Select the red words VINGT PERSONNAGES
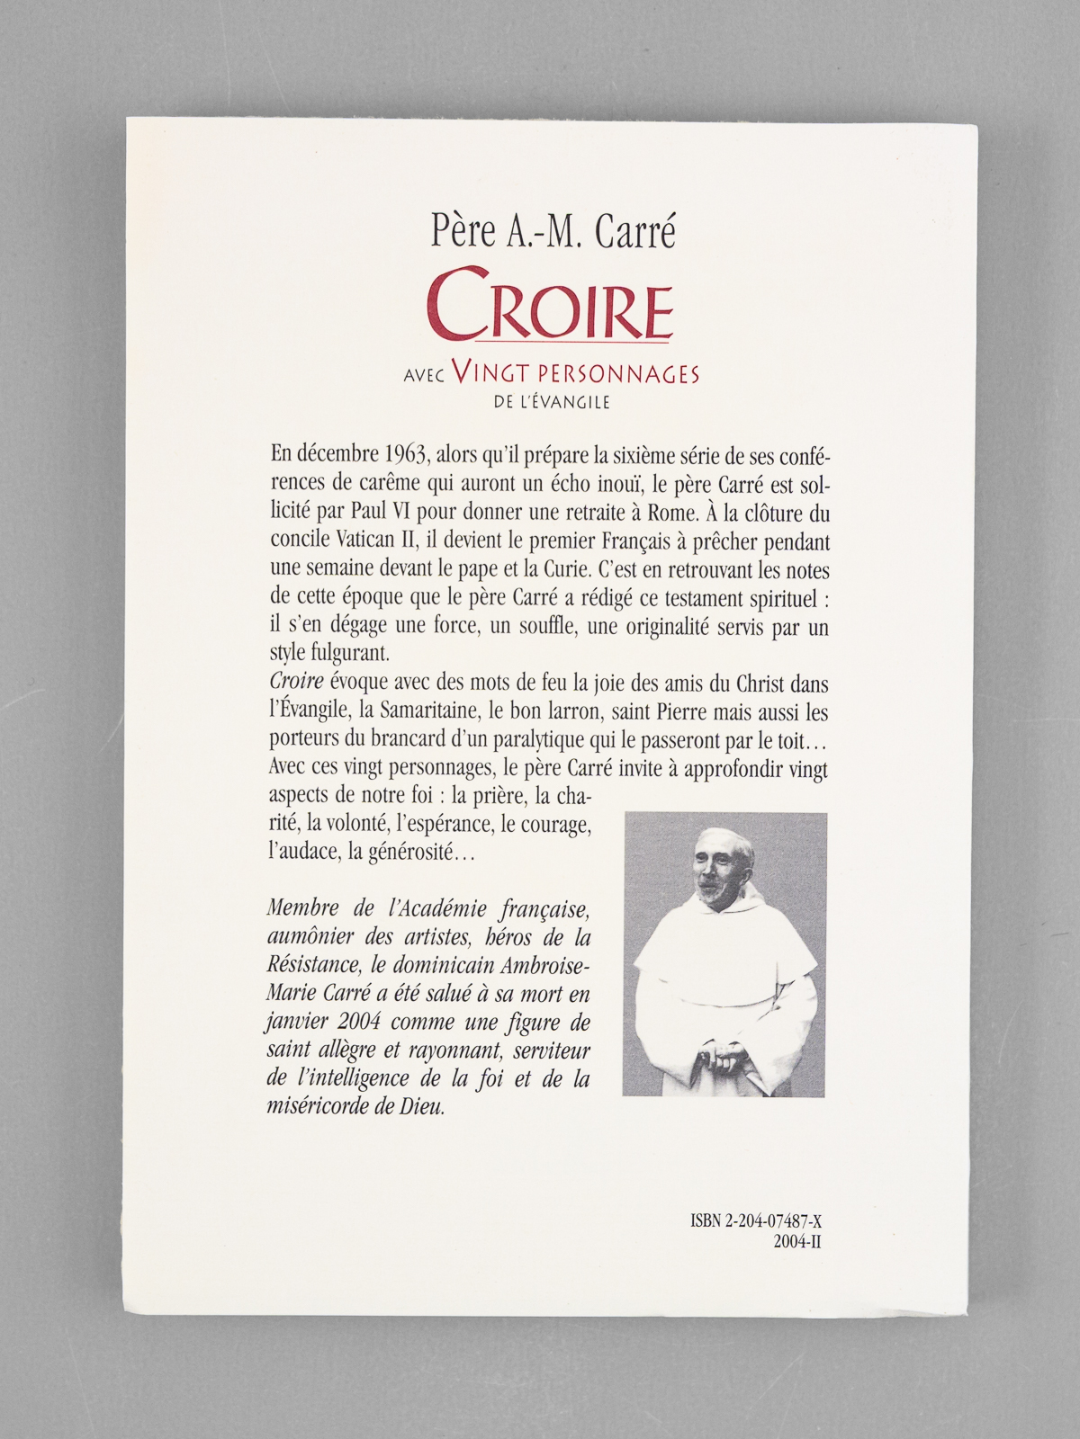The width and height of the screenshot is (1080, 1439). click(576, 373)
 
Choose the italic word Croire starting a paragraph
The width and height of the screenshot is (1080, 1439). click(296, 684)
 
